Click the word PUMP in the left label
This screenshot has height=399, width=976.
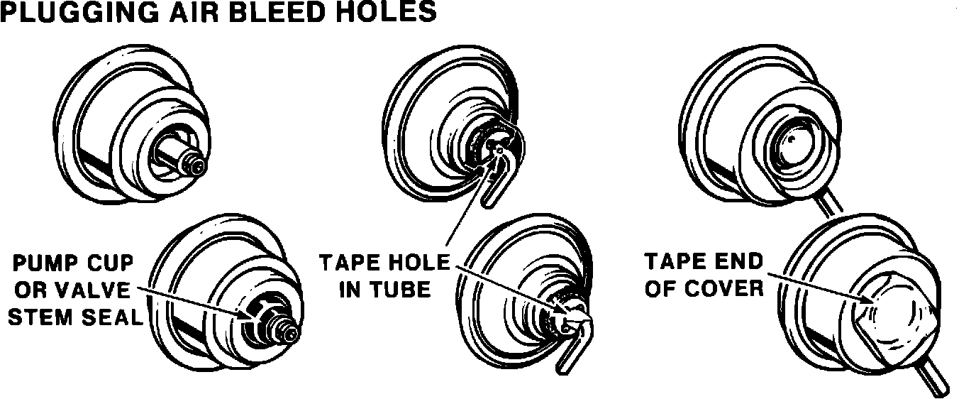[x=43, y=264]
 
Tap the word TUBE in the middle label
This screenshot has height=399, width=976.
[x=401, y=290]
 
